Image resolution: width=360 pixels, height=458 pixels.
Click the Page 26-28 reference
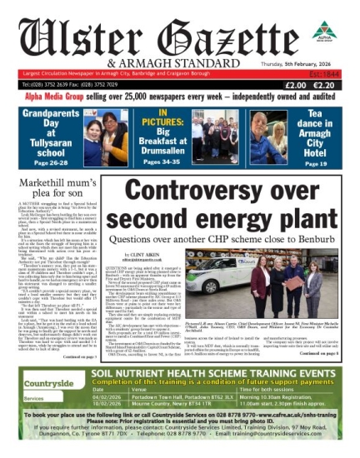(47, 140)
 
